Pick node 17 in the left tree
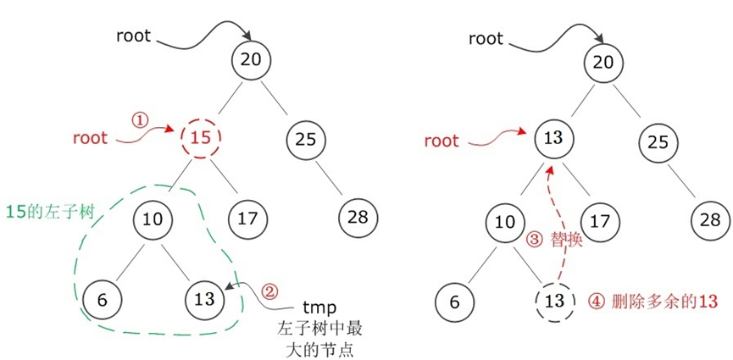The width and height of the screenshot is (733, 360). [248, 218]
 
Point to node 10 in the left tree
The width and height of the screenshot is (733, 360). [153, 218]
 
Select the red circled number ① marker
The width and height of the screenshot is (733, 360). [141, 120]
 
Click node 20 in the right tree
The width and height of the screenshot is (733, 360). [603, 61]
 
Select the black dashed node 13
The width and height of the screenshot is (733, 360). [556, 300]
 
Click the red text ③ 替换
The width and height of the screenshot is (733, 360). [555, 241]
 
